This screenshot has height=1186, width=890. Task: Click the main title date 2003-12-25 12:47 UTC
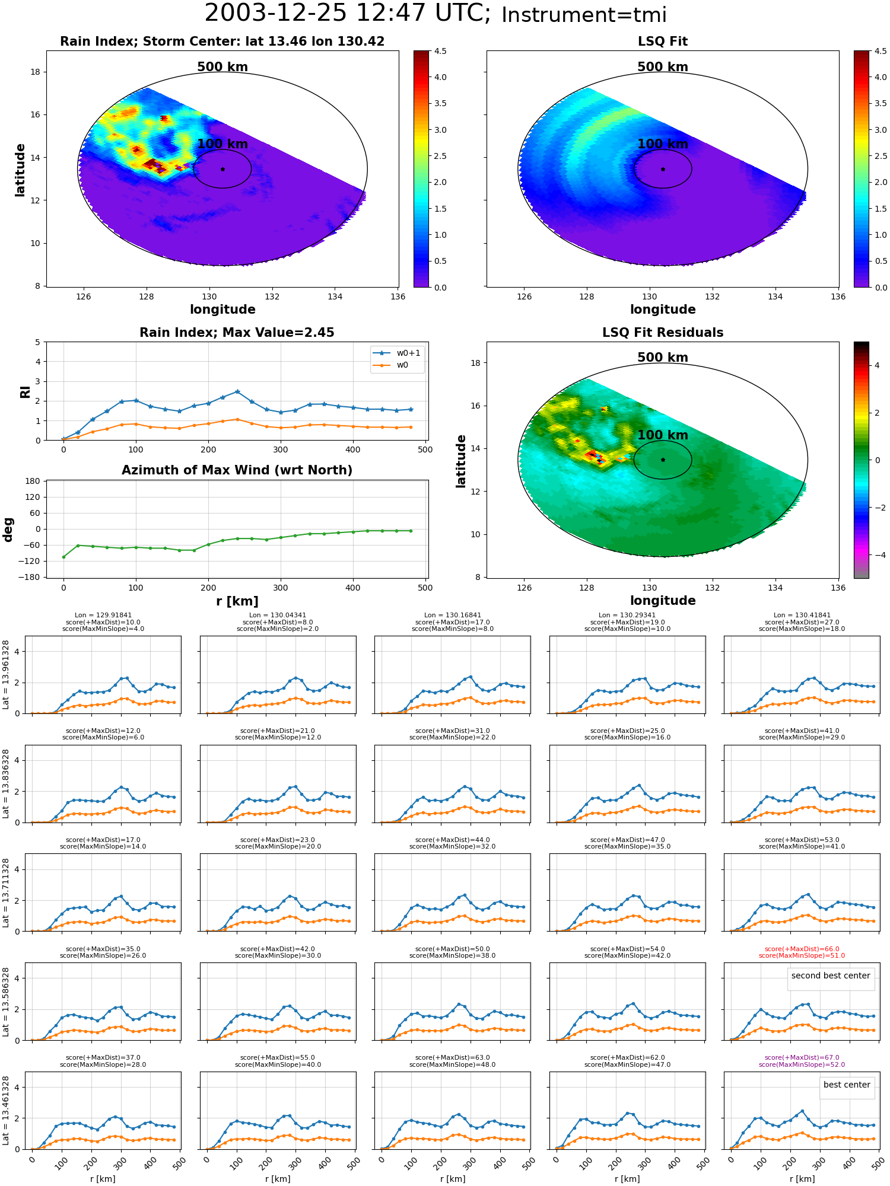347,14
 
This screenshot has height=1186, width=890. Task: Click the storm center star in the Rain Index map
223,169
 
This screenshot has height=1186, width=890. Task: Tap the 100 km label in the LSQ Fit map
663,144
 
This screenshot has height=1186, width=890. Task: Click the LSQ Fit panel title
663,42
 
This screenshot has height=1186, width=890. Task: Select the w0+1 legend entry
397,353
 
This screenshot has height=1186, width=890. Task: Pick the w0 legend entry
391,365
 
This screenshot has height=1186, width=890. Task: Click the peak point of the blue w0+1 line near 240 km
237,391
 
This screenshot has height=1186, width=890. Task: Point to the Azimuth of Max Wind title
237,470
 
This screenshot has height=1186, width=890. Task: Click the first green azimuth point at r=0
63,557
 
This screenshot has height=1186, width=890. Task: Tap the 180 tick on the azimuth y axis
33,481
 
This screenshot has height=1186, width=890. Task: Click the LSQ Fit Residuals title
663,333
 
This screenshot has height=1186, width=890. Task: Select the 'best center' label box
847,1085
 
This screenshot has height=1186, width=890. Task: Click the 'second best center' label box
831,975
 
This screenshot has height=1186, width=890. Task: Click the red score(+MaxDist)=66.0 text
802,949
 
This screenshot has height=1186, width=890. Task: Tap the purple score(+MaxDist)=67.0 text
802,1057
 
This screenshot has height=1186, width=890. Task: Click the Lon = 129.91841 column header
103,616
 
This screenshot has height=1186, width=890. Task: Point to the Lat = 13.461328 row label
6,1111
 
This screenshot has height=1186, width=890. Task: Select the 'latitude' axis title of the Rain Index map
20,170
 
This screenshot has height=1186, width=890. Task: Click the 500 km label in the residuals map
663,358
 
